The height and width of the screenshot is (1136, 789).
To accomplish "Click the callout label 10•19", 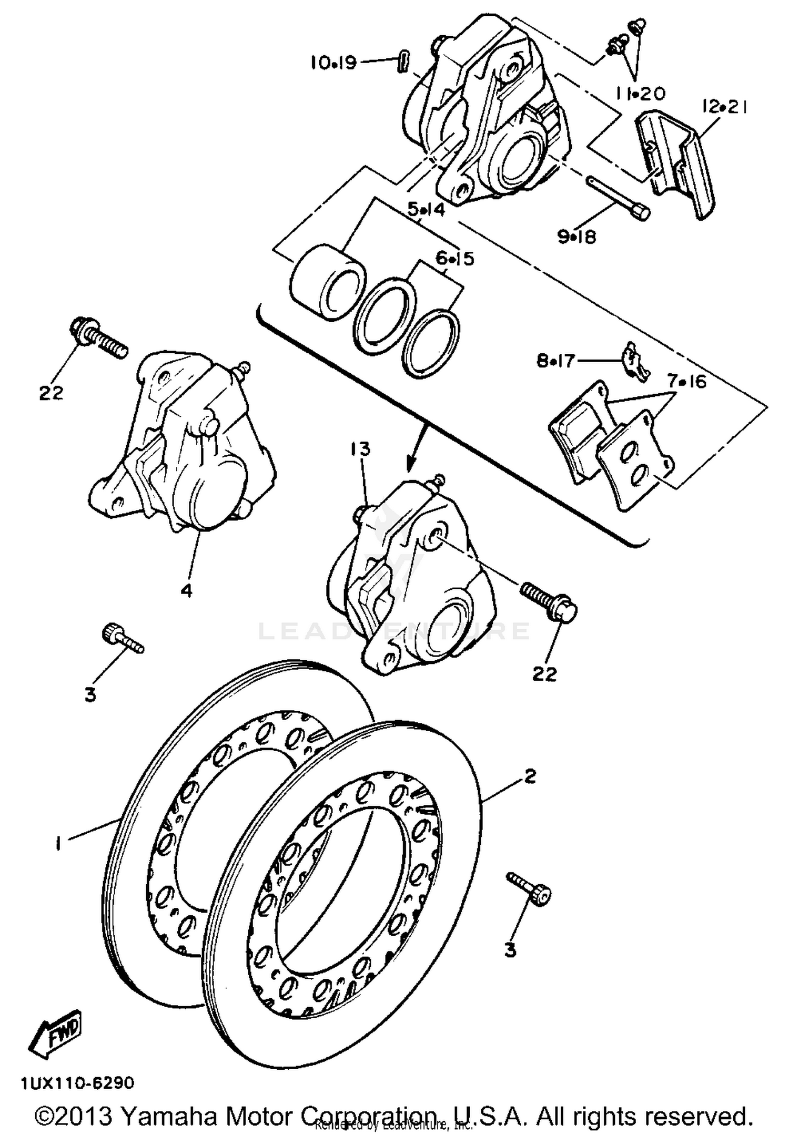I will tap(333, 63).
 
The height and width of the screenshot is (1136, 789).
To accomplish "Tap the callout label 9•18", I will tap(577, 238).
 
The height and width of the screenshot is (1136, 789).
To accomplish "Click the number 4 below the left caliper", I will tap(186, 590).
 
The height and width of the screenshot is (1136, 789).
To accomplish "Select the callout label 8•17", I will tap(556, 362).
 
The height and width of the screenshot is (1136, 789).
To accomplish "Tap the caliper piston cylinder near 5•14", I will tap(328, 281).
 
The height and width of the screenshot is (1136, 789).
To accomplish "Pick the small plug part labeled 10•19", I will tap(403, 63).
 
